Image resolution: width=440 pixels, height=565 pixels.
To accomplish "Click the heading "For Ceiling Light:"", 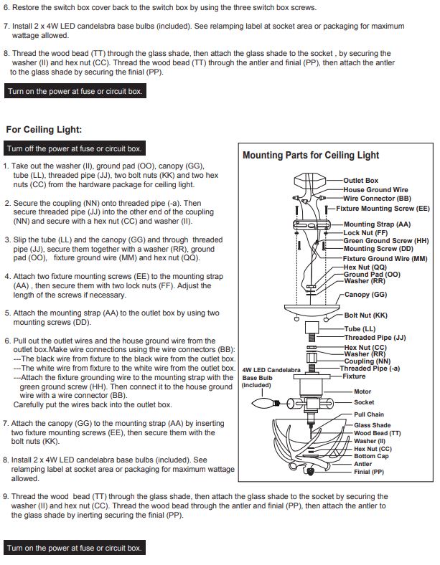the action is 44,130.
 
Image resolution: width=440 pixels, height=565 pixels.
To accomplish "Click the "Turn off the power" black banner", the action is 75,148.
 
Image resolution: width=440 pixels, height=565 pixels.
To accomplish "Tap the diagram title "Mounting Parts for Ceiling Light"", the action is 311,156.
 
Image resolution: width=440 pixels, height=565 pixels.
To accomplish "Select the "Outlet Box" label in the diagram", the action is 360,181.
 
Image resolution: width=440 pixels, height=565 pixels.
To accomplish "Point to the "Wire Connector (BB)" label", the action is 377,199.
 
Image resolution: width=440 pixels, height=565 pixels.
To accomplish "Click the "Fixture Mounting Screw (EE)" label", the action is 383,209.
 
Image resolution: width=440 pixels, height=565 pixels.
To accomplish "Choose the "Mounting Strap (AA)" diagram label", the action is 377,224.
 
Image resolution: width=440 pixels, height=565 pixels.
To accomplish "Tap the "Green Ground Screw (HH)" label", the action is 386,241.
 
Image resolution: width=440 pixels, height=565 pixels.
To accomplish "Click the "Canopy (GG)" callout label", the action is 365,295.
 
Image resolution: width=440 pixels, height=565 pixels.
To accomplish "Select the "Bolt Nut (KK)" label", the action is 365,315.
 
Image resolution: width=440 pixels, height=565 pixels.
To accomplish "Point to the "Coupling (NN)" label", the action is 368,361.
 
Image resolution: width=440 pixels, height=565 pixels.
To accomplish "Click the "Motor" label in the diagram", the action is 362,391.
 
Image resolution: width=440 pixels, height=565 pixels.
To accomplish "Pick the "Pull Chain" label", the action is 369,414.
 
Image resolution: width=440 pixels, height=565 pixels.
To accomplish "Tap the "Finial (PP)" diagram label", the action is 369,472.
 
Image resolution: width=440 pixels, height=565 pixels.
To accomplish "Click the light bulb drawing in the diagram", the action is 266,403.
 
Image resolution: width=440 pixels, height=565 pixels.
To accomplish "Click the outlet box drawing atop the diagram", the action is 310,180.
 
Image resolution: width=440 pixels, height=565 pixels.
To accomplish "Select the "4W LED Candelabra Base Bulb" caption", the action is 271,378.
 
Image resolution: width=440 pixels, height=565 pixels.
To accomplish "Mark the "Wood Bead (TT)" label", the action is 378,434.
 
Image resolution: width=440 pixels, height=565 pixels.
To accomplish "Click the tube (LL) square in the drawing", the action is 312,328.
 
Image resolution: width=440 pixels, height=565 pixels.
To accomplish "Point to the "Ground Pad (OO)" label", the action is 372,275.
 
